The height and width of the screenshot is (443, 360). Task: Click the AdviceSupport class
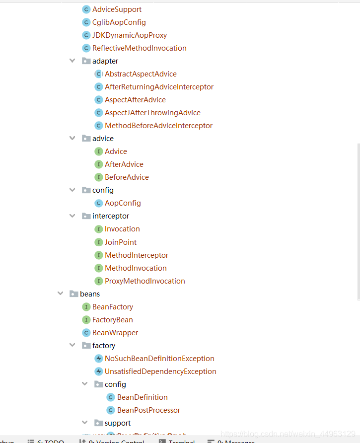(x=117, y=9)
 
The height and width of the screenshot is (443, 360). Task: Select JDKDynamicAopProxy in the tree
(x=129, y=35)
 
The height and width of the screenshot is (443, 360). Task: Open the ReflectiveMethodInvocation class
(x=139, y=48)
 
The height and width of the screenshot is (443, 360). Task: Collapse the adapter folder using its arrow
(x=72, y=61)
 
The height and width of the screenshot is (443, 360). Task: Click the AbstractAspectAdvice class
(x=141, y=74)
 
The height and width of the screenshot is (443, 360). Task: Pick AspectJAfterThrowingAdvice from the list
(x=152, y=113)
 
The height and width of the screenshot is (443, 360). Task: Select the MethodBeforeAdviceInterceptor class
(x=158, y=126)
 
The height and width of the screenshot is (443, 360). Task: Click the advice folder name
(x=103, y=139)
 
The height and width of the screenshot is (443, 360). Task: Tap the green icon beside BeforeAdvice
(x=98, y=177)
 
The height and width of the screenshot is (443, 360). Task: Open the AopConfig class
(x=123, y=203)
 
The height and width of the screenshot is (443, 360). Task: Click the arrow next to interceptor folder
(x=72, y=216)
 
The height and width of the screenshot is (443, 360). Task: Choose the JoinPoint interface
(x=121, y=242)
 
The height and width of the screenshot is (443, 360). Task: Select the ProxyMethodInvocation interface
(x=144, y=281)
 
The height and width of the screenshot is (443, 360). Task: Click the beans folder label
(x=90, y=294)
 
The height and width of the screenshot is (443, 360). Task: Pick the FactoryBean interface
(x=112, y=320)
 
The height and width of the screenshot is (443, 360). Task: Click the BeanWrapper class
(x=115, y=333)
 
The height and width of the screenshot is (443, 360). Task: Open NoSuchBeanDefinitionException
(x=159, y=359)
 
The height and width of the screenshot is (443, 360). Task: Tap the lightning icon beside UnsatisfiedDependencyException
(x=98, y=371)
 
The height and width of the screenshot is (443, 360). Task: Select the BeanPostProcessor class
(x=148, y=410)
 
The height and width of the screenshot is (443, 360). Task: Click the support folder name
(x=118, y=423)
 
